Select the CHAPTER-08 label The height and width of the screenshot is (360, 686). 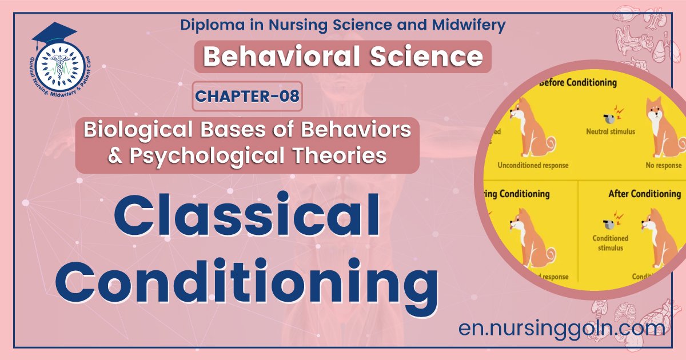(248, 96)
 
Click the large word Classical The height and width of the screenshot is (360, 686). (246, 221)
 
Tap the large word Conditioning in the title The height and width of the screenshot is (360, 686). (246, 283)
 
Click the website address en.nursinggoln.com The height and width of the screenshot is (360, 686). (561, 328)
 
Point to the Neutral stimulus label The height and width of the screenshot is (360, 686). (610, 131)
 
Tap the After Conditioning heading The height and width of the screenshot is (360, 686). (644, 194)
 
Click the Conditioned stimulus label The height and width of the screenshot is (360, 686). (610, 243)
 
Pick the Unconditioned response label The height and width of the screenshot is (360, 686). (532, 166)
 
